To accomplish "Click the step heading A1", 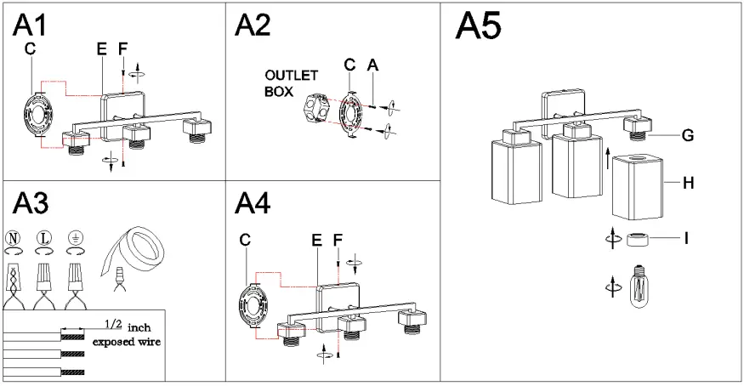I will click(x=29, y=26).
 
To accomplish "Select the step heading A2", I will click(x=252, y=26).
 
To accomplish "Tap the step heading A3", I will click(x=30, y=204).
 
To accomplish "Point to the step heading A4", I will click(x=252, y=204).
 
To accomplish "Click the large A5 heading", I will click(x=478, y=27).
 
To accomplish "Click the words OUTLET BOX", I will click(x=291, y=82).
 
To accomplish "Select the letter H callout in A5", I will click(x=688, y=182).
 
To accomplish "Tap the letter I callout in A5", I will click(x=685, y=239).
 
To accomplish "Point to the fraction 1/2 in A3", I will click(x=112, y=325).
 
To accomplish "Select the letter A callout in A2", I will click(x=372, y=65).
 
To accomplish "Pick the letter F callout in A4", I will click(x=338, y=241).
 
